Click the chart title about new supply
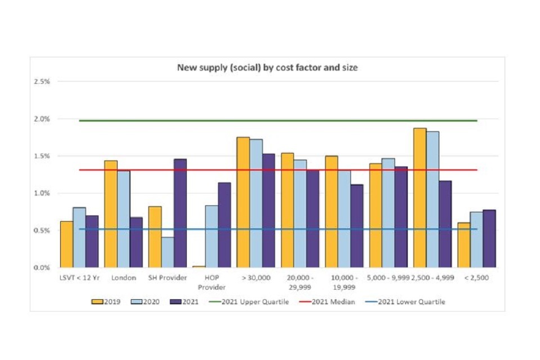point(268,67)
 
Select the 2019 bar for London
point(111,214)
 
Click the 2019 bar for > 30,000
point(243,202)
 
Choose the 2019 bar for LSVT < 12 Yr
point(66,244)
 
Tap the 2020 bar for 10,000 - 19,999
point(344,219)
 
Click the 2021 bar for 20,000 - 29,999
point(312,219)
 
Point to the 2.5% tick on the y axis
point(42,82)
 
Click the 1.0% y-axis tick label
point(42,193)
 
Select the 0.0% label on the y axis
point(42,268)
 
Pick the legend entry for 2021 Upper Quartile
point(250,302)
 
